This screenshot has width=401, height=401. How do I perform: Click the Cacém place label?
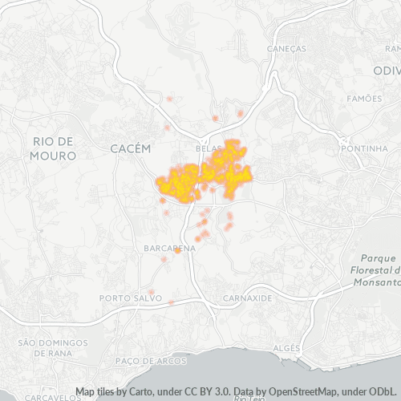click(x=130, y=148)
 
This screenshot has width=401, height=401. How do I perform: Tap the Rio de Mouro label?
click(x=54, y=148)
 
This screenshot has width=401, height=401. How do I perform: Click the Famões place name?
click(x=365, y=99)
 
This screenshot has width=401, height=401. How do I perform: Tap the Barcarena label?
click(x=169, y=249)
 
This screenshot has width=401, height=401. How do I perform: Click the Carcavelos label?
click(x=49, y=397)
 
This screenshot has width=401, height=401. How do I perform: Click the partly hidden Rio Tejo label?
click(x=248, y=398)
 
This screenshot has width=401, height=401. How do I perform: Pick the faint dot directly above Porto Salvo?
click(x=151, y=291)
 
